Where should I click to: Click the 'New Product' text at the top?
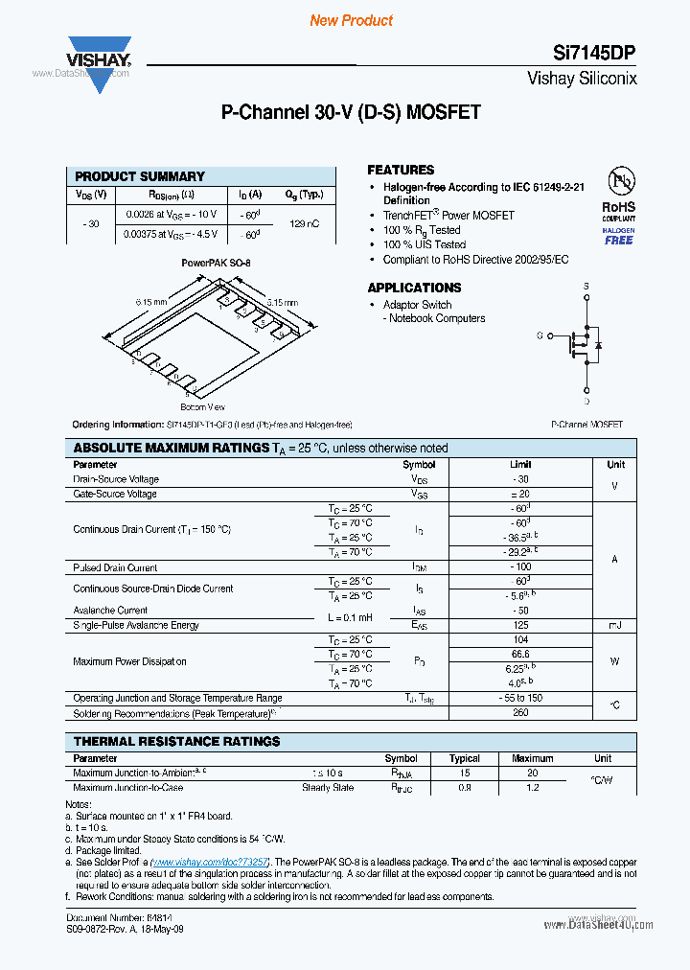[x=351, y=20]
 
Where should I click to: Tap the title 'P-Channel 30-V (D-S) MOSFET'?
[x=351, y=112]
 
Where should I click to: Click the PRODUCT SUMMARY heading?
[x=140, y=176]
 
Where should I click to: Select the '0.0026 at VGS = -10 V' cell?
[x=171, y=214]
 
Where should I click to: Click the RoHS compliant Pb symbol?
[x=618, y=183]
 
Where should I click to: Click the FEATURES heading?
[x=401, y=170]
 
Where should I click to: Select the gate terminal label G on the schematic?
[x=540, y=335]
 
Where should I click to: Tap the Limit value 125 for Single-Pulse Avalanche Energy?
[x=521, y=625]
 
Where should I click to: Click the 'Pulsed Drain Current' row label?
[x=115, y=567]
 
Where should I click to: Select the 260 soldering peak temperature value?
[x=521, y=713]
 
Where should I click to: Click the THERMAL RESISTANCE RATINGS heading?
[x=177, y=742]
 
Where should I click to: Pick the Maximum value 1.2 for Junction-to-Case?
[x=533, y=788]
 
